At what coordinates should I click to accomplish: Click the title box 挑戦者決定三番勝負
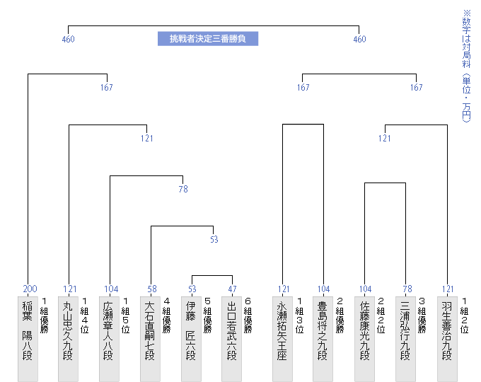pyautogui.click(x=207, y=38)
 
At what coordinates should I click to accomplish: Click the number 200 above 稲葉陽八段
pyautogui.click(x=30, y=289)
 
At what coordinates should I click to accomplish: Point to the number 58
pyautogui.click(x=152, y=289)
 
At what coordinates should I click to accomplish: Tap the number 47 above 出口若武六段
pyautogui.click(x=233, y=289)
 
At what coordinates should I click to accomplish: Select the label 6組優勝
pyautogui.click(x=248, y=315)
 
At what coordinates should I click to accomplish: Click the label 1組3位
pyautogui.click(x=299, y=315)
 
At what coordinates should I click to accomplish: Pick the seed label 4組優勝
pyautogui.click(x=166, y=315)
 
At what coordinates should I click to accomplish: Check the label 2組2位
pyautogui.click(x=381, y=315)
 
